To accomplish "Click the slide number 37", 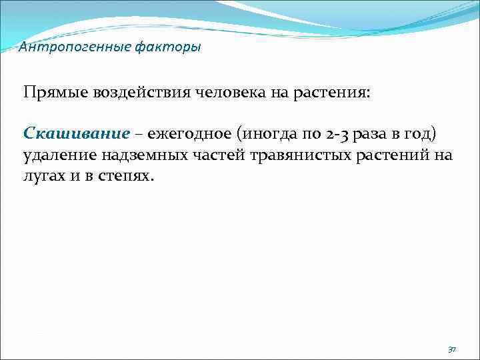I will [452, 349].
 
